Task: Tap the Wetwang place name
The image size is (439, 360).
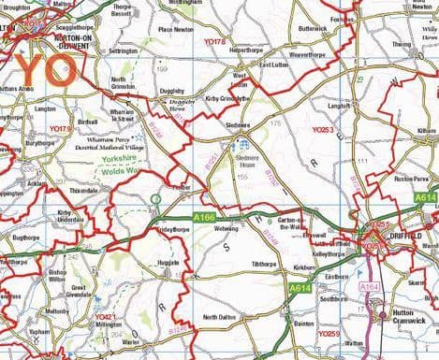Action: point(226,228)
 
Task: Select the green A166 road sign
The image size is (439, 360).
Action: point(205,217)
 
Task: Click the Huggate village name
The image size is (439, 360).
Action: point(169,264)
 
